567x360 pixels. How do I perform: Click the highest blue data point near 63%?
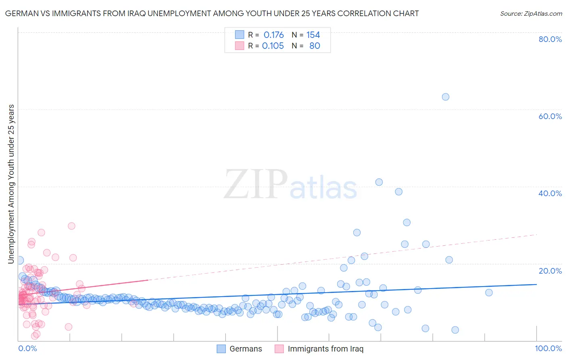pos(445,97)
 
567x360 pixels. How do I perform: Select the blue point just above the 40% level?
pos(379,182)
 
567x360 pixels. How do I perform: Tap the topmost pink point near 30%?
pos(71,226)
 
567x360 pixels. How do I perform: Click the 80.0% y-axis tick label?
pos(550,39)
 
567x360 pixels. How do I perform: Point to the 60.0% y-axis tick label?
pos(550,116)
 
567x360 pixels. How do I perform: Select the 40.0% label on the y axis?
pos(550,193)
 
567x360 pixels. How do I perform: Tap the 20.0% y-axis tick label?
pos(550,271)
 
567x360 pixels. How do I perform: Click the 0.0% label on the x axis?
pos(27,349)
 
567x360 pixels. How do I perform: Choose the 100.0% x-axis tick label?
pos(548,349)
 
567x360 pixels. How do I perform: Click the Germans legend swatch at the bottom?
pos(221,349)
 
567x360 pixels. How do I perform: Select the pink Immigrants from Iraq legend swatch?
pos(279,349)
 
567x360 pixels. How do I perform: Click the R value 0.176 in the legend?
pos(273,35)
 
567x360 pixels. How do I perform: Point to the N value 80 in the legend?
pos(315,46)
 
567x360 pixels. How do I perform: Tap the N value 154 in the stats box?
pos(313,35)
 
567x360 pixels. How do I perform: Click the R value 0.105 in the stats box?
pos(273,46)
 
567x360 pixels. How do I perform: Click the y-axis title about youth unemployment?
pos(11,184)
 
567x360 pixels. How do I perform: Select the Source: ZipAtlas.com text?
pos(531,14)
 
